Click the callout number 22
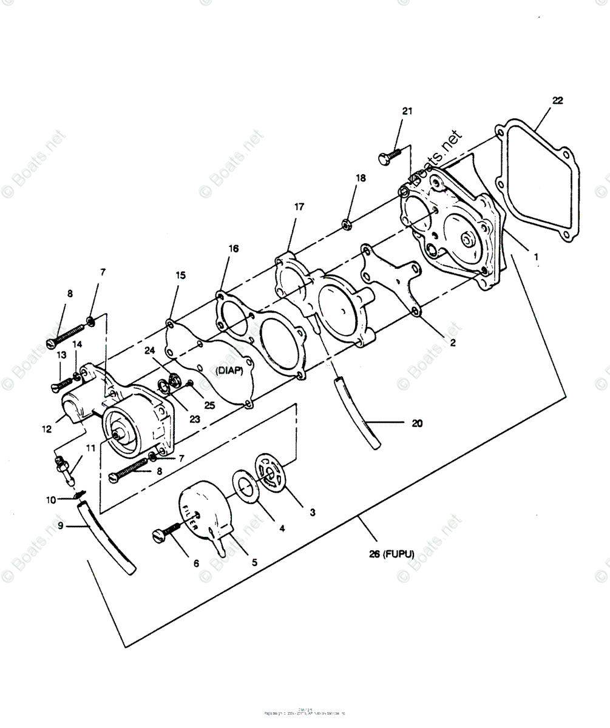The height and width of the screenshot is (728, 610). click(x=557, y=101)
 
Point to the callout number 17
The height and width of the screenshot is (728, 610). click(x=299, y=207)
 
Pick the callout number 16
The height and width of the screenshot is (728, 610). click(x=233, y=248)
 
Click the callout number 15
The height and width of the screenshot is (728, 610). click(x=180, y=275)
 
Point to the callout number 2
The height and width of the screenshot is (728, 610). click(x=452, y=343)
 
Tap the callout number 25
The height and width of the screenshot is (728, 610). click(x=209, y=405)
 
